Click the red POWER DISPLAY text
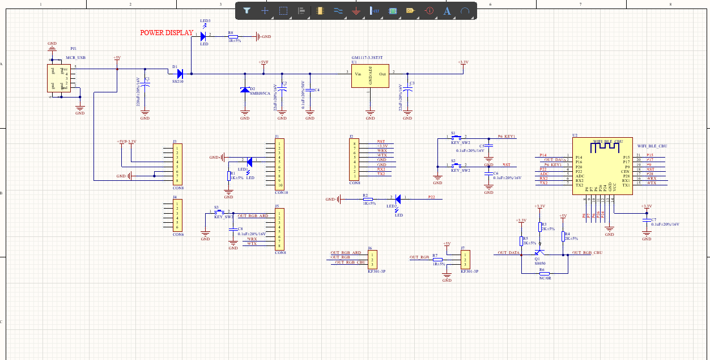tap(167, 33)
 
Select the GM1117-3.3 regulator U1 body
tap(370, 74)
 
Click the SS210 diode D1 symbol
tap(180, 73)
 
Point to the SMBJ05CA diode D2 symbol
tap(245, 90)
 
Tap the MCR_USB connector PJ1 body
tap(58, 78)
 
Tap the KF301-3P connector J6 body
tap(372, 259)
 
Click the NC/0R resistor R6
tap(545, 273)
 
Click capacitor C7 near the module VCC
tap(647, 219)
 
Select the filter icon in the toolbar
tap(246, 10)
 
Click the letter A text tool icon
tap(447, 10)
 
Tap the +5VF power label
tap(263, 62)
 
